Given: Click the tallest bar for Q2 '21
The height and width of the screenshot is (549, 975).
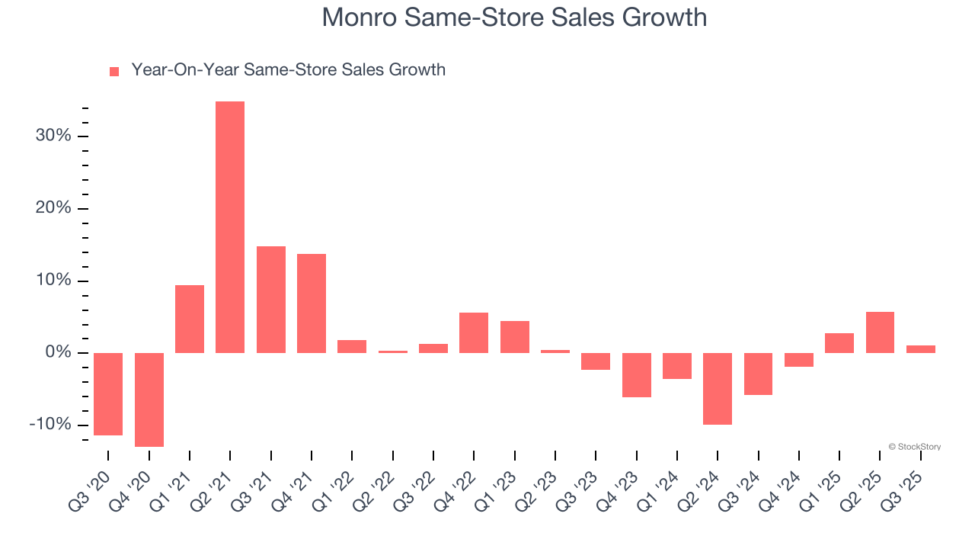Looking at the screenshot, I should pos(230,227).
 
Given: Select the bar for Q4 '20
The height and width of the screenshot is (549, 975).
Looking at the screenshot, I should pos(149,400).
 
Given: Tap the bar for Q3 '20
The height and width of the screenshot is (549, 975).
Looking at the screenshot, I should pos(108,394).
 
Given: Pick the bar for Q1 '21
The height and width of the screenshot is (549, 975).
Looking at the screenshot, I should pos(190,319).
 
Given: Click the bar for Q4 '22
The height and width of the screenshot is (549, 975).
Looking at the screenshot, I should pos(474,332).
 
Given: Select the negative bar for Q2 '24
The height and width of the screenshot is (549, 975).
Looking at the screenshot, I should pos(718,389).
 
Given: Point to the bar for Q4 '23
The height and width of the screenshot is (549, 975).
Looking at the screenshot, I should pos(636,375).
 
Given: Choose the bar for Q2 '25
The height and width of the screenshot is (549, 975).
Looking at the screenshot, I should pos(880,332).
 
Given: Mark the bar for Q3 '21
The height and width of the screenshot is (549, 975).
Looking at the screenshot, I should pos(271,300).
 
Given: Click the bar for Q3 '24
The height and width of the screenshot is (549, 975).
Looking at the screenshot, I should pos(758,374).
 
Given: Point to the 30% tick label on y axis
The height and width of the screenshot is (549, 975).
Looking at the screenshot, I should pos(53,136).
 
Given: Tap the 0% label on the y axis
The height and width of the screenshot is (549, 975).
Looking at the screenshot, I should pos(57,353).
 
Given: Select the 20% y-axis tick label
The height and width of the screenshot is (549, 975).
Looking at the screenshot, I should pos(53,209).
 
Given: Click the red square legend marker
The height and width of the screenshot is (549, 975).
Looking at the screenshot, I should pos(114,71).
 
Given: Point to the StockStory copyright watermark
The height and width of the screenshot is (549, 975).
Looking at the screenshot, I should pos(914,447).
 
